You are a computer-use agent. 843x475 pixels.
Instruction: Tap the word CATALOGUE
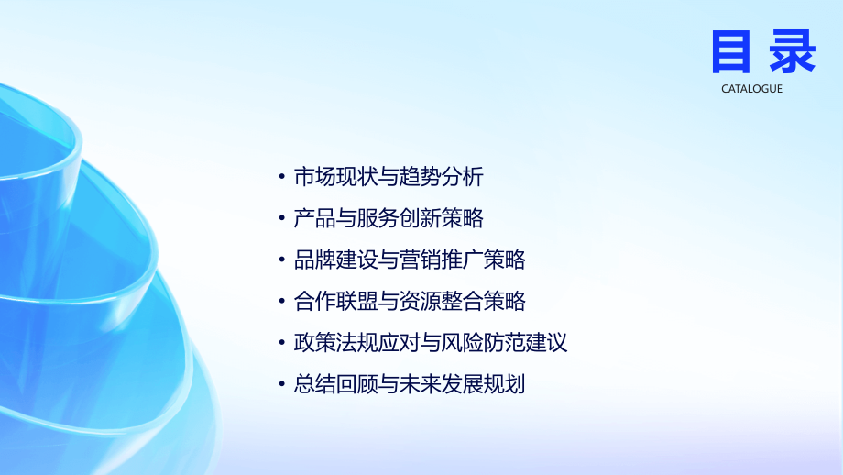point(751,89)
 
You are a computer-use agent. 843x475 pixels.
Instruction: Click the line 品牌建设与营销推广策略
point(409,260)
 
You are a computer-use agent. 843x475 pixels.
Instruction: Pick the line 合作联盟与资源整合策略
point(409,301)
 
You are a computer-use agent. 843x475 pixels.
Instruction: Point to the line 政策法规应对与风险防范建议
point(430,343)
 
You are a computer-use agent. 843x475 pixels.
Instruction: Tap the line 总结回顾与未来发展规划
point(409,384)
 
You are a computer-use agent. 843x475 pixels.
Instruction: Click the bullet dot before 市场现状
point(282,178)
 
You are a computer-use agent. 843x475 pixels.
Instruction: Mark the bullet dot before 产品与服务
point(282,219)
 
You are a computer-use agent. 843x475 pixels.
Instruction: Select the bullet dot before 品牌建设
point(282,260)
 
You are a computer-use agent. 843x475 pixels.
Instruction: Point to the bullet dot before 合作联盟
point(282,302)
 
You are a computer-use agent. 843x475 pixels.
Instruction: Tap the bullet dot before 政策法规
point(282,344)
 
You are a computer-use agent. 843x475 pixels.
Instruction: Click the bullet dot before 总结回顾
point(282,385)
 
